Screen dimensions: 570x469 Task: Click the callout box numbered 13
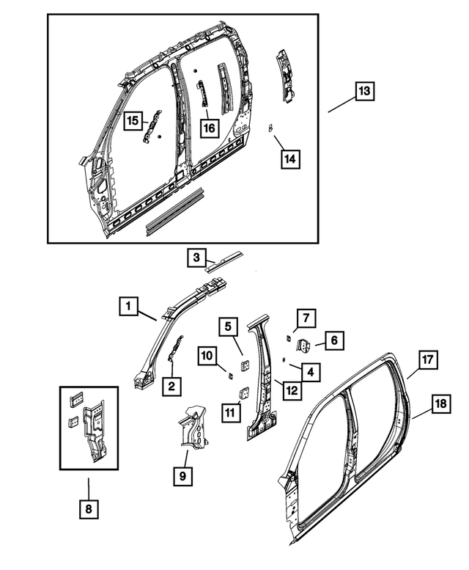(364, 92)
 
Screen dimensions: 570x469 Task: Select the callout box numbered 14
(291, 158)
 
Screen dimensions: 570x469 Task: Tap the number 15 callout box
(133, 121)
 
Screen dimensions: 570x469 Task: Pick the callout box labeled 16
(209, 128)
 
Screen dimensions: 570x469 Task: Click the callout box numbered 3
(196, 257)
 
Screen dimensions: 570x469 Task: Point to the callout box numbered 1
(128, 306)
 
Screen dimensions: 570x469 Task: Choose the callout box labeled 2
(171, 386)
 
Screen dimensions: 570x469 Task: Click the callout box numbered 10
(207, 356)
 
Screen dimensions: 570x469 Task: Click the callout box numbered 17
(427, 359)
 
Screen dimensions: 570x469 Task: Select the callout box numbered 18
(440, 403)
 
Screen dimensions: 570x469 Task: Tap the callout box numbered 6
(333, 340)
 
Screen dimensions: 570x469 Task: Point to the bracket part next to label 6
(304, 344)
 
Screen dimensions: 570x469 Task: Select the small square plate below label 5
(244, 362)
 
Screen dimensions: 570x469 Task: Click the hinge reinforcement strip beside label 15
(152, 129)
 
